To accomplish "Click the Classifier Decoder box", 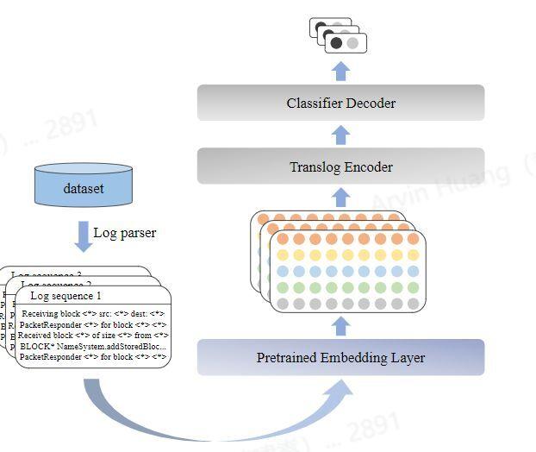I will click(x=340, y=103).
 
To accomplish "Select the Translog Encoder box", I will click(x=340, y=166).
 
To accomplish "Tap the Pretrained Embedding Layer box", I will click(x=340, y=357).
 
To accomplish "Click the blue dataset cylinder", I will click(x=84, y=186).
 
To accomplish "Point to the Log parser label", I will click(x=125, y=233).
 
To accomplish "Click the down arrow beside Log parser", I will click(x=83, y=235).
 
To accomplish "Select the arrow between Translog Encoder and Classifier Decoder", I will click(x=341, y=135).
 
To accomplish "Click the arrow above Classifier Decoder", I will click(x=341, y=70).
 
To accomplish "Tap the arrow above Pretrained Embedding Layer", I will click(x=341, y=325).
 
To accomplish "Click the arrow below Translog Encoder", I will click(x=341, y=198).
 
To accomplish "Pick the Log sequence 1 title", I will click(x=65, y=296).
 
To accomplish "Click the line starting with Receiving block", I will click(x=93, y=313).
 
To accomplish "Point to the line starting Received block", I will click(x=93, y=335).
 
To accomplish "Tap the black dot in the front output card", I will click(x=337, y=42).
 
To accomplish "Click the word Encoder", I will click(x=369, y=166).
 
